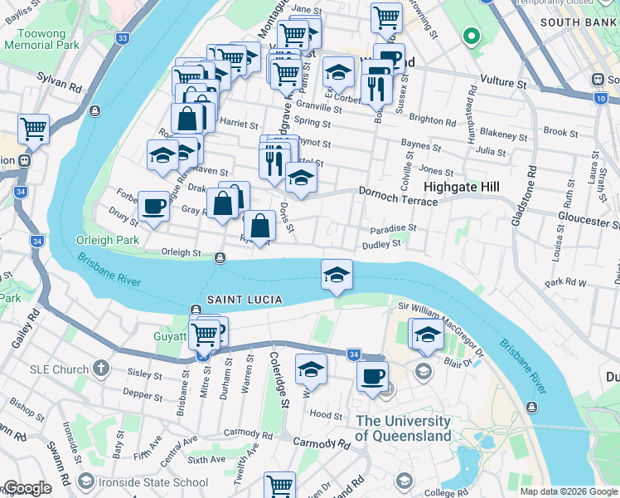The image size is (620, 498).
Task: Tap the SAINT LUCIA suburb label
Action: [245, 299]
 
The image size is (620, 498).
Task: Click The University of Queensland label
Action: [404, 428]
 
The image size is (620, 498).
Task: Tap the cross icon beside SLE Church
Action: [101, 367]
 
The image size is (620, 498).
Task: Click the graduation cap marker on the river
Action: [337, 276]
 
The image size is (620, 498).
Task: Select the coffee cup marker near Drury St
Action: [153, 207]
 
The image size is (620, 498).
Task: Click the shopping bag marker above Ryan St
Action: [259, 226]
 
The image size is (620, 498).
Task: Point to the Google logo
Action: [27, 489]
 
